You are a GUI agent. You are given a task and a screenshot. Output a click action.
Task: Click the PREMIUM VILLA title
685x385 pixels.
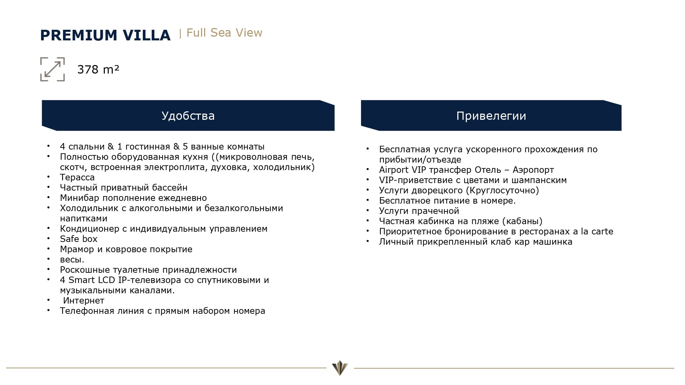pyautogui.click(x=105, y=35)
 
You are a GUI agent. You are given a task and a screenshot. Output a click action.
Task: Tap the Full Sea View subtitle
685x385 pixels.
pyautogui.click(x=224, y=33)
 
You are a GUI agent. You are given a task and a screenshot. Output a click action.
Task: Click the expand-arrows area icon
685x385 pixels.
pyautogui.click(x=52, y=69)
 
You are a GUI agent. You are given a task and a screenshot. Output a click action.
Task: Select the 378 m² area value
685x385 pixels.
pyautogui.click(x=98, y=69)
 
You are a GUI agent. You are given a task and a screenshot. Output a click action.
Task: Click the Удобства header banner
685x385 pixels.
pyautogui.click(x=188, y=116)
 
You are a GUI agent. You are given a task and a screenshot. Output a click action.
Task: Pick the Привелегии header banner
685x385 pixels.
pyautogui.click(x=491, y=116)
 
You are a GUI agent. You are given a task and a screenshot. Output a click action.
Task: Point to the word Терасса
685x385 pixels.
pyautogui.click(x=77, y=177)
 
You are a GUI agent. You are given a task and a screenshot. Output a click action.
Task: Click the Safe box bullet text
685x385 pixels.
pyautogui.click(x=78, y=239)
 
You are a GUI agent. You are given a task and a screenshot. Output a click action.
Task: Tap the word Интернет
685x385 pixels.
pyautogui.click(x=84, y=300)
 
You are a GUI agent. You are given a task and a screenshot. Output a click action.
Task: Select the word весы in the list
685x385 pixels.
pyautogui.click(x=71, y=259)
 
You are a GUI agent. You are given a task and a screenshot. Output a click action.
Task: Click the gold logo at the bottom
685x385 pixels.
pyautogui.click(x=340, y=368)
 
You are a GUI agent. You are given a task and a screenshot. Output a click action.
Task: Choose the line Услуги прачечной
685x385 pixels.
pyautogui.click(x=419, y=211)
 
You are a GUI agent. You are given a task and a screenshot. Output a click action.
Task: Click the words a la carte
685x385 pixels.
pyautogui.click(x=593, y=231)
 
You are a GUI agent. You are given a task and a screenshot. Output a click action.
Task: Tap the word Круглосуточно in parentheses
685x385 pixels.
pyautogui.click(x=503, y=190)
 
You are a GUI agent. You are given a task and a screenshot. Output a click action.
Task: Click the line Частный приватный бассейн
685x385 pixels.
pyautogui.click(x=124, y=188)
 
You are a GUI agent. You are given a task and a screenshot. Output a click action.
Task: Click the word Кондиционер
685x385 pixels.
pyautogui.click(x=89, y=229)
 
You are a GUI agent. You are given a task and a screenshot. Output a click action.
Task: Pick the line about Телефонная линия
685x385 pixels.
pyautogui.click(x=162, y=311)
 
